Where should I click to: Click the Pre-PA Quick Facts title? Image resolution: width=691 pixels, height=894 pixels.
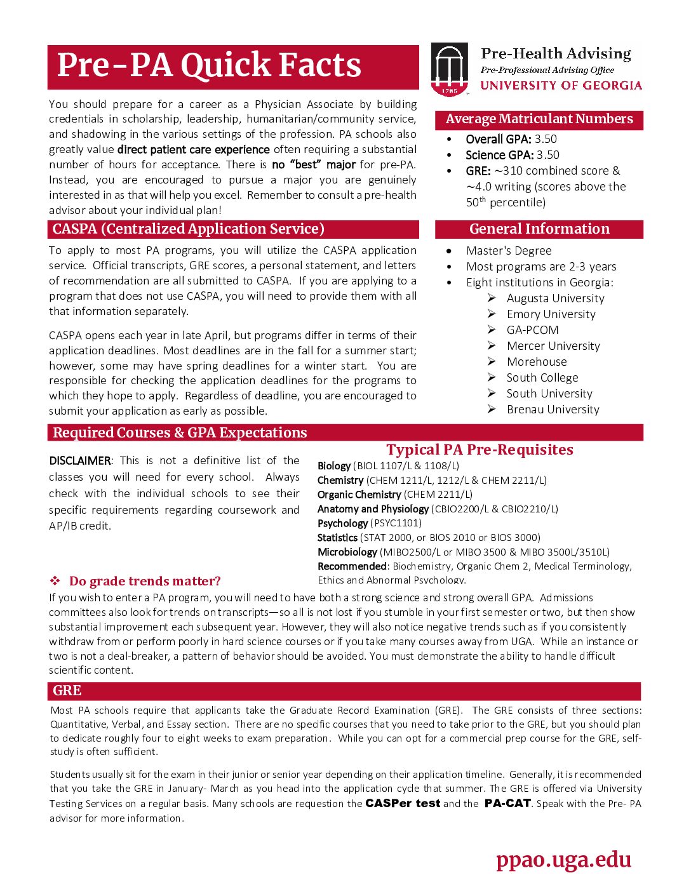(x=209, y=65)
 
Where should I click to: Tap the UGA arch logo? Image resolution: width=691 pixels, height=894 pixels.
(x=449, y=69)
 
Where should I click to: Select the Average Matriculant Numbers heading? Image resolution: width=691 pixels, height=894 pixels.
(x=539, y=119)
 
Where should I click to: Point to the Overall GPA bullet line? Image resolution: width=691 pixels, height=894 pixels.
(x=511, y=139)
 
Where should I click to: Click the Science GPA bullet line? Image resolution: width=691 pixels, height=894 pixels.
(x=512, y=155)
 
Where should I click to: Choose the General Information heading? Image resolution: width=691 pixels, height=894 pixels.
(x=539, y=229)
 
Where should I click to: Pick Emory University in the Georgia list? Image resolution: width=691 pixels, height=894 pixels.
(x=551, y=314)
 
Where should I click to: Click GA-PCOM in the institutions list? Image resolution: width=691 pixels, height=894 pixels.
(x=532, y=330)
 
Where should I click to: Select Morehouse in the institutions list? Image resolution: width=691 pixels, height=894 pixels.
(x=537, y=362)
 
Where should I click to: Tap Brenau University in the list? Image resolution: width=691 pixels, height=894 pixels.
(x=553, y=410)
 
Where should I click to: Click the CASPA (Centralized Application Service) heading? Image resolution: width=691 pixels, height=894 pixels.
(x=189, y=229)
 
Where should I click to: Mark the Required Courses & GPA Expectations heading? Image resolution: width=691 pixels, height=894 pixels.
(x=180, y=433)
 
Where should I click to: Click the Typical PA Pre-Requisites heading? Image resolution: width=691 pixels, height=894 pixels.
(x=480, y=450)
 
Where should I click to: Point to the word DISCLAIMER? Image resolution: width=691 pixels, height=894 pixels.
(x=80, y=461)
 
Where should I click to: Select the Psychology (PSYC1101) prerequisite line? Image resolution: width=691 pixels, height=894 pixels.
(x=369, y=523)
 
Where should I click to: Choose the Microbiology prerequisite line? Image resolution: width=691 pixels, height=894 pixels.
(x=463, y=552)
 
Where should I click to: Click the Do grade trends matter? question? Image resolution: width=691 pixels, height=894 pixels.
(x=145, y=581)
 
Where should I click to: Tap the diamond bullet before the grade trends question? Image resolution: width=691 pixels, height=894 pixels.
(x=55, y=581)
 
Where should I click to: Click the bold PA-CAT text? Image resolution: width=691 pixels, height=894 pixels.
(x=507, y=803)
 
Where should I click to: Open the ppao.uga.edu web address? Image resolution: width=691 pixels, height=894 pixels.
(x=563, y=860)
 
